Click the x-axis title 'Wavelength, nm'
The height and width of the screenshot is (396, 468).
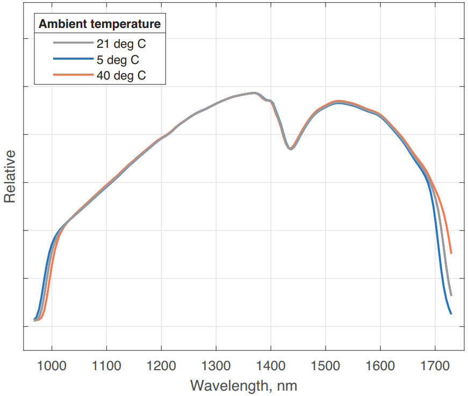243,385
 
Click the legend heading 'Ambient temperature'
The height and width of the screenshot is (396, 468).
100,24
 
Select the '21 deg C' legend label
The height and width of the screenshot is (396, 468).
121,44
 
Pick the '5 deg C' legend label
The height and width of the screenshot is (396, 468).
118,60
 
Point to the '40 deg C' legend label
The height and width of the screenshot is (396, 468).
121,75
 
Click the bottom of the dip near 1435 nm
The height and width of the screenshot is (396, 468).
290,149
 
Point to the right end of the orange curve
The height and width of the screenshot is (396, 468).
451,253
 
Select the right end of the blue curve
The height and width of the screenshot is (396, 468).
451,313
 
